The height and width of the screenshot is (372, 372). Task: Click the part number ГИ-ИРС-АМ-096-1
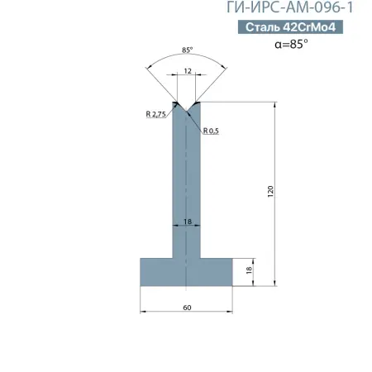pos(289,7)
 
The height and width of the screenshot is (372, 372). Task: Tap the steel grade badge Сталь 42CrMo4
pos(290,27)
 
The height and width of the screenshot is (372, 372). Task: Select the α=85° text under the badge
pos(291,44)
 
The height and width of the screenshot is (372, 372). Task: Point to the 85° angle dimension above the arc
pos(187,50)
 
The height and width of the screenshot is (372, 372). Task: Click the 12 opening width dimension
pos(188,71)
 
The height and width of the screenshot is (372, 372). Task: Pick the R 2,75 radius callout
pos(155,114)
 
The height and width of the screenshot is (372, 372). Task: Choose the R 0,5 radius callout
pos(211,131)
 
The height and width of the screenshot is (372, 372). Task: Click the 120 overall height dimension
pos(270,191)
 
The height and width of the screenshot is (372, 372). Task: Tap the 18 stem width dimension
pos(188,222)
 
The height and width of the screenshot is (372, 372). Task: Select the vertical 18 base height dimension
pos(249,270)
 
